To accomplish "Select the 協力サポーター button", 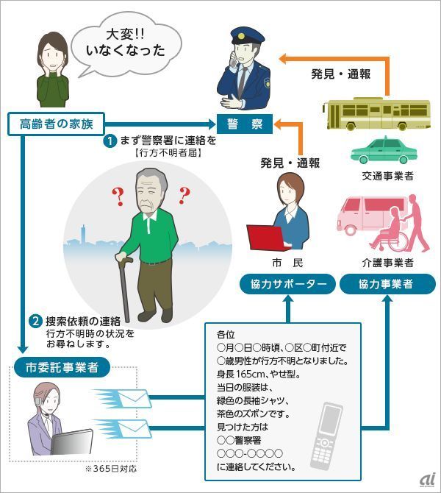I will click(x=287, y=284).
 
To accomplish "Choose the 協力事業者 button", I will click(x=387, y=284).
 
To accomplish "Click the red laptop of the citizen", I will click(x=265, y=237).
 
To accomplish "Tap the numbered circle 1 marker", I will click(x=109, y=140).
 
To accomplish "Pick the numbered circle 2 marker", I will click(x=35, y=321).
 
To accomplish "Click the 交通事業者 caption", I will click(x=387, y=176).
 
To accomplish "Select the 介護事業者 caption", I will click(x=387, y=263).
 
